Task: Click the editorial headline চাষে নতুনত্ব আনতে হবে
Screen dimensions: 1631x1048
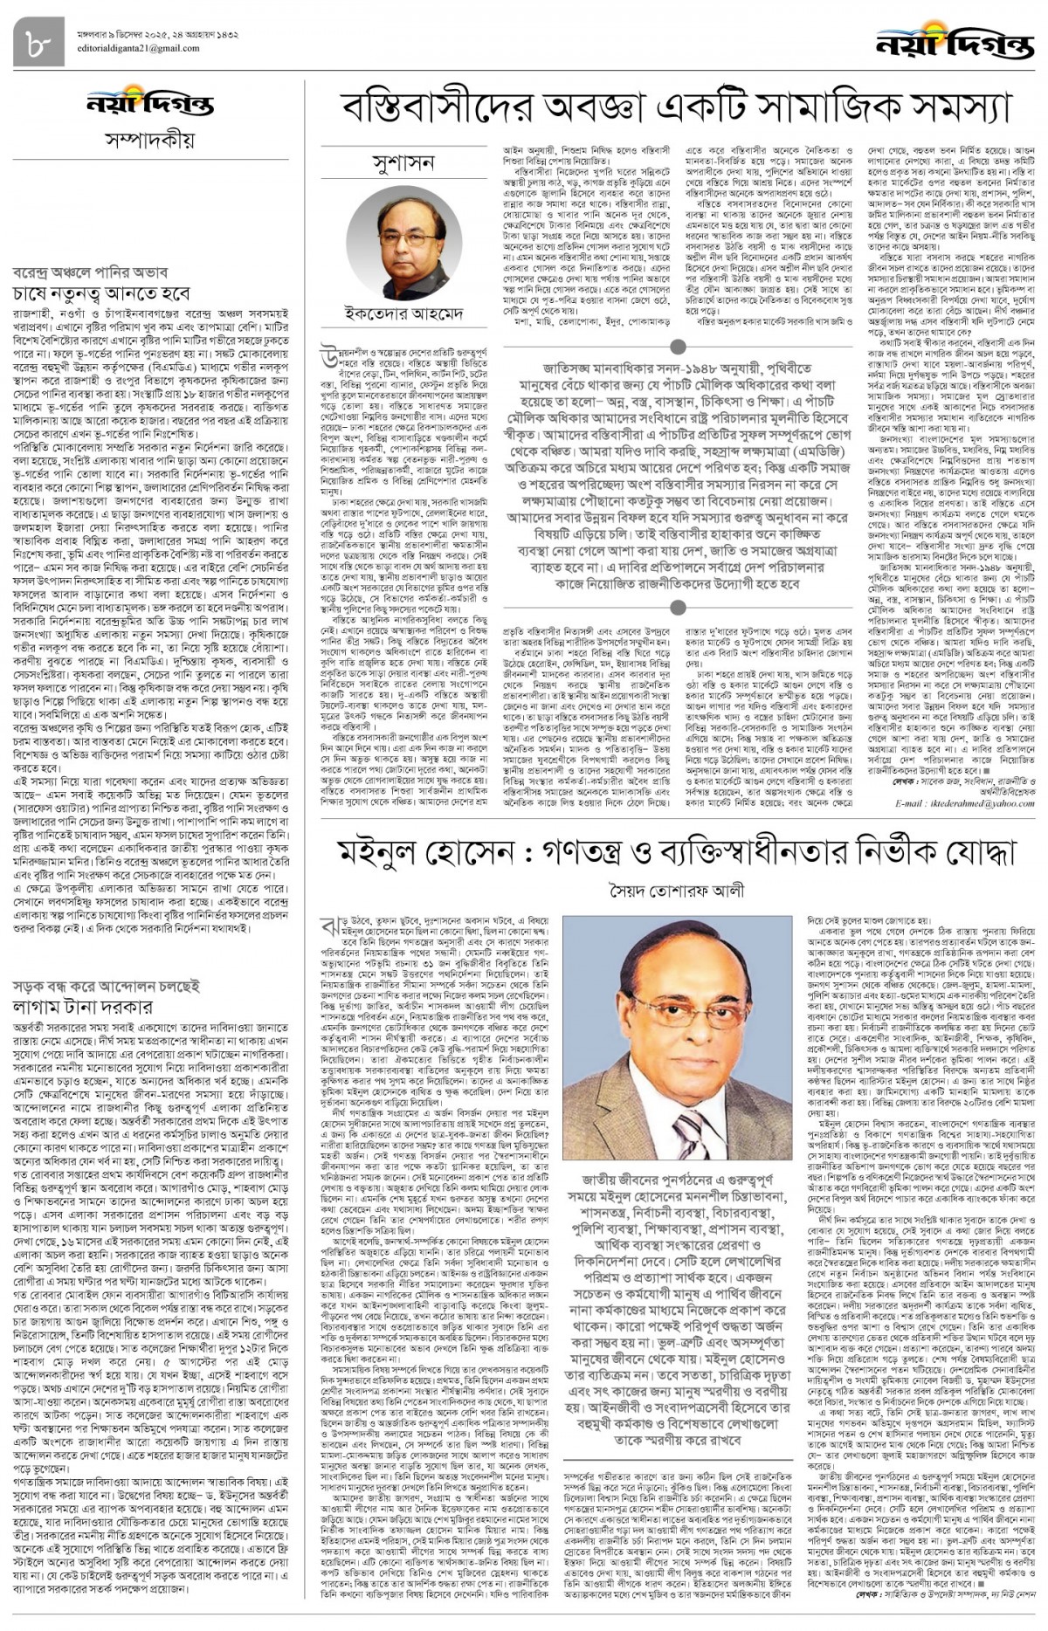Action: pos(101,294)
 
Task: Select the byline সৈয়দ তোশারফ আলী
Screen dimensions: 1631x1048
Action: pos(678,891)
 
